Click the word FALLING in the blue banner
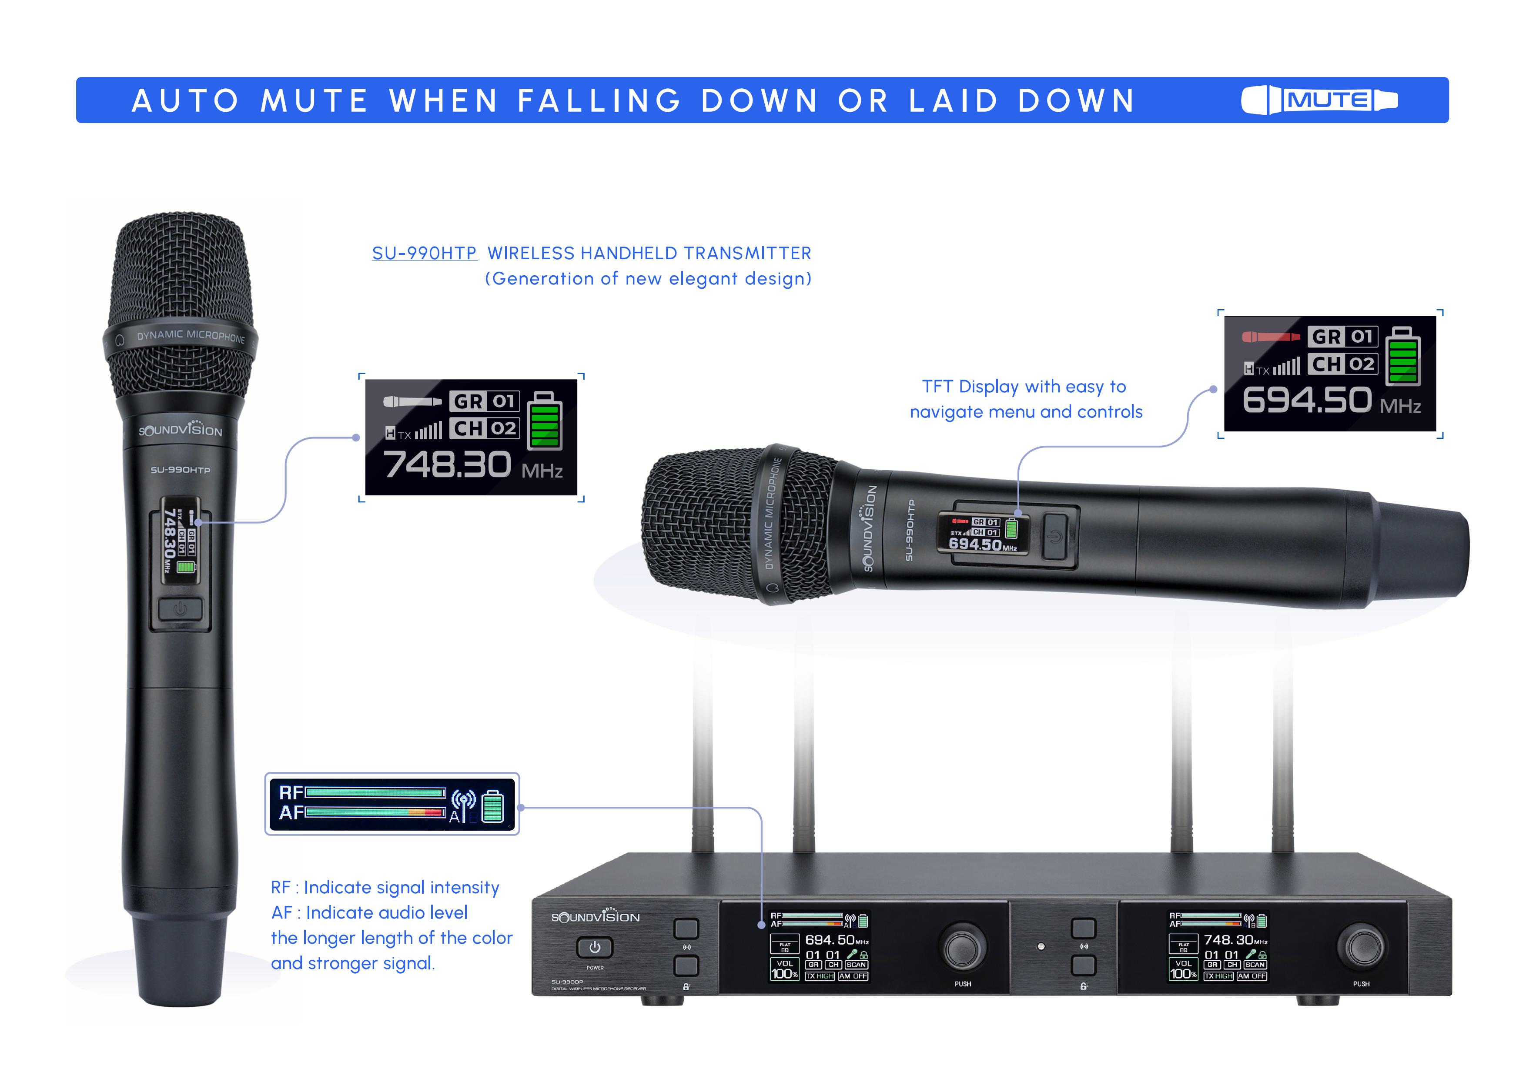click(x=599, y=101)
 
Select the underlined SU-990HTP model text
click(x=424, y=253)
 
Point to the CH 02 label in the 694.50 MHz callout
click(x=1342, y=364)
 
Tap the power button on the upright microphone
click(x=180, y=608)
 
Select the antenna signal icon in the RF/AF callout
click(x=463, y=801)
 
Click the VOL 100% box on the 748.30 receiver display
click(x=1183, y=969)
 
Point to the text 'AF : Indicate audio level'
click(x=369, y=913)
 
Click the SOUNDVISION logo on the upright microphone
click(x=180, y=429)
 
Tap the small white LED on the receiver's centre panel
click(x=1041, y=946)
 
